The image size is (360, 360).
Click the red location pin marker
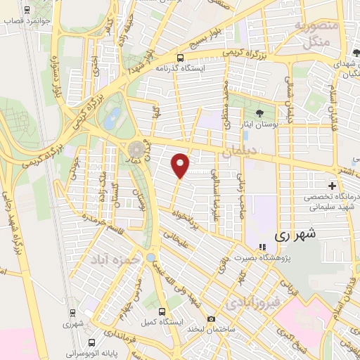click(181, 165)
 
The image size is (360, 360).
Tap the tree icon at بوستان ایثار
click(260, 113)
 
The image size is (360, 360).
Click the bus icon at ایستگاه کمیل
click(163, 311)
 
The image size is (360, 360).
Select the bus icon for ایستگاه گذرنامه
click(181, 58)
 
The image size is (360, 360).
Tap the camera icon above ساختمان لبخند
click(212, 319)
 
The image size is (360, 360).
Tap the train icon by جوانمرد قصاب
click(27, 11)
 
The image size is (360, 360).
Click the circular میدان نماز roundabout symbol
click(136, 149)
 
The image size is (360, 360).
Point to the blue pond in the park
click(112, 118)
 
